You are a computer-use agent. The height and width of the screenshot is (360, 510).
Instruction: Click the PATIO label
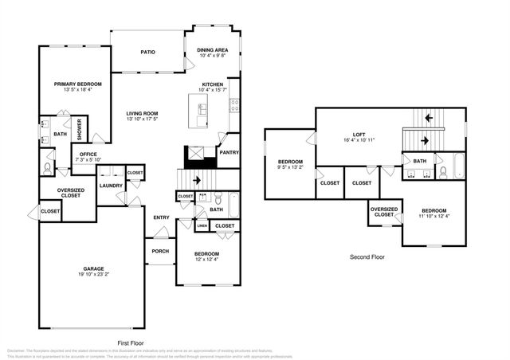(147, 53)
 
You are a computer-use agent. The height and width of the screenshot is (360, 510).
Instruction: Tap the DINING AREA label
(212, 50)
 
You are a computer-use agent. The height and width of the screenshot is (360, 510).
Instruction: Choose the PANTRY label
(229, 152)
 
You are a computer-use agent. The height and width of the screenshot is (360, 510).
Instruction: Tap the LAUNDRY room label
(110, 186)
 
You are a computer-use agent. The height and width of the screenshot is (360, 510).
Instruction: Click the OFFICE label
(87, 155)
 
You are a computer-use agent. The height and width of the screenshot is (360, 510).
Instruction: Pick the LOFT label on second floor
(361, 134)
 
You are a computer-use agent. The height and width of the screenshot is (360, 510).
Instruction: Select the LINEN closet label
(202, 226)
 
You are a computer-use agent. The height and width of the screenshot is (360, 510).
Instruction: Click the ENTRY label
(161, 217)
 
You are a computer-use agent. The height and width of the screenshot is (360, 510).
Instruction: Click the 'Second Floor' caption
(367, 257)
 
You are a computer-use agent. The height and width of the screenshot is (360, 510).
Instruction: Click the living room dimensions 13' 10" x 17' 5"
(142, 119)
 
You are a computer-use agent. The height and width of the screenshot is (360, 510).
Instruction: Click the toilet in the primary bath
(48, 170)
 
